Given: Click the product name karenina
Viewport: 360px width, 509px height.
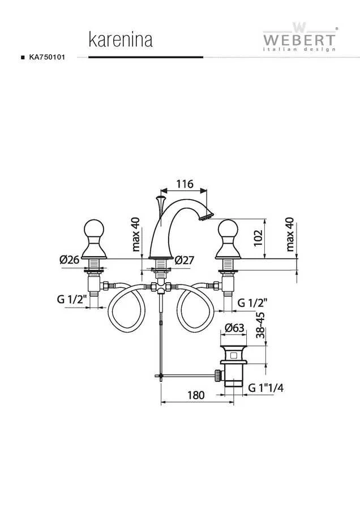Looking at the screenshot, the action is point(121,40).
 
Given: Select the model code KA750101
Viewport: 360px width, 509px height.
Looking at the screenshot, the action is point(47,57).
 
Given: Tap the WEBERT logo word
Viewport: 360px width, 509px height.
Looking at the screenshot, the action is point(299,40).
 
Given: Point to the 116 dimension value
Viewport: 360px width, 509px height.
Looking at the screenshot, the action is point(185,184).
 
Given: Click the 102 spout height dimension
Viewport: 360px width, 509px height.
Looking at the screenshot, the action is point(258,238).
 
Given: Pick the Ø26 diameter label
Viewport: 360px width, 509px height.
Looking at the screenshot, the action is point(69,260).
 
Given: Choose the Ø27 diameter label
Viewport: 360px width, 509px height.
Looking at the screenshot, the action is point(184,260).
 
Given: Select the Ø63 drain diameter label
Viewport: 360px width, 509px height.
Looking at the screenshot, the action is point(234,328).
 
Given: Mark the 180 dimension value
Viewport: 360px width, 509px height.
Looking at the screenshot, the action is point(196,395).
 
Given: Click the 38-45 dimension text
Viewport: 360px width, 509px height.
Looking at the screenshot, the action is point(260,325).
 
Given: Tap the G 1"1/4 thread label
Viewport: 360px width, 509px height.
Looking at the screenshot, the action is point(266,387).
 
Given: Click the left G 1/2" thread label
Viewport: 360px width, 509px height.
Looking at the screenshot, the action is point(72,299).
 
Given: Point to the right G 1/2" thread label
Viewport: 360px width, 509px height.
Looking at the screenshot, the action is point(252,303).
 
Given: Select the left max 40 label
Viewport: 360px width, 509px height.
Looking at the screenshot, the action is point(136,234).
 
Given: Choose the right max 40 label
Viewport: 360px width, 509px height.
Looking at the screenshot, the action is point(290,234).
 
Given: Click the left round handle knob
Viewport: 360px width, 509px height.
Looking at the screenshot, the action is point(94,229).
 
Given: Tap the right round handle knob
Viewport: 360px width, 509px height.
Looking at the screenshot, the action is point(229,229).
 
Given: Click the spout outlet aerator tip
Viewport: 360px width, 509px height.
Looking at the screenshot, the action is point(206,216).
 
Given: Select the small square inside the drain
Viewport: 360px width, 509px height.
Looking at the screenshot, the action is point(233,355).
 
